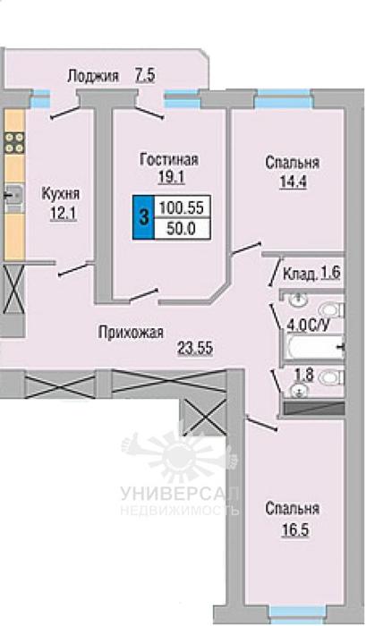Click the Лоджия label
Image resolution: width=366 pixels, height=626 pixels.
tap(93, 76)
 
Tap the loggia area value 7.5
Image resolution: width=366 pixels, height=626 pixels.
tap(144, 75)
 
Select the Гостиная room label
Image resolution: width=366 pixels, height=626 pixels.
tap(169, 160)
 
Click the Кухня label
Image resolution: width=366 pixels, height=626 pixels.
tap(60, 194)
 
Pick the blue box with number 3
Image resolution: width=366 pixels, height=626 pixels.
tap(143, 218)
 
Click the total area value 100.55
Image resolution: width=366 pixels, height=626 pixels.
tap(182, 207)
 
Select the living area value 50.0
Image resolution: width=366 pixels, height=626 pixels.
tap(181, 229)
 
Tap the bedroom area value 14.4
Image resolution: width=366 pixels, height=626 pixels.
tap(292, 182)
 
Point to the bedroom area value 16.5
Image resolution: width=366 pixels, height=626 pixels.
tap(295, 531)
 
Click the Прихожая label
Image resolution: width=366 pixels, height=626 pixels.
tap(131, 332)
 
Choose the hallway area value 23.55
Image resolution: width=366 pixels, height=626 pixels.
tap(195, 348)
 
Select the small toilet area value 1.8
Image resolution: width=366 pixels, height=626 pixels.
tap(303, 376)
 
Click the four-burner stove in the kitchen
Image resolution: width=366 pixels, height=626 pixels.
tap(14, 143)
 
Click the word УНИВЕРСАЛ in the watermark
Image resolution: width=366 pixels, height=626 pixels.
tap(180, 495)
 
